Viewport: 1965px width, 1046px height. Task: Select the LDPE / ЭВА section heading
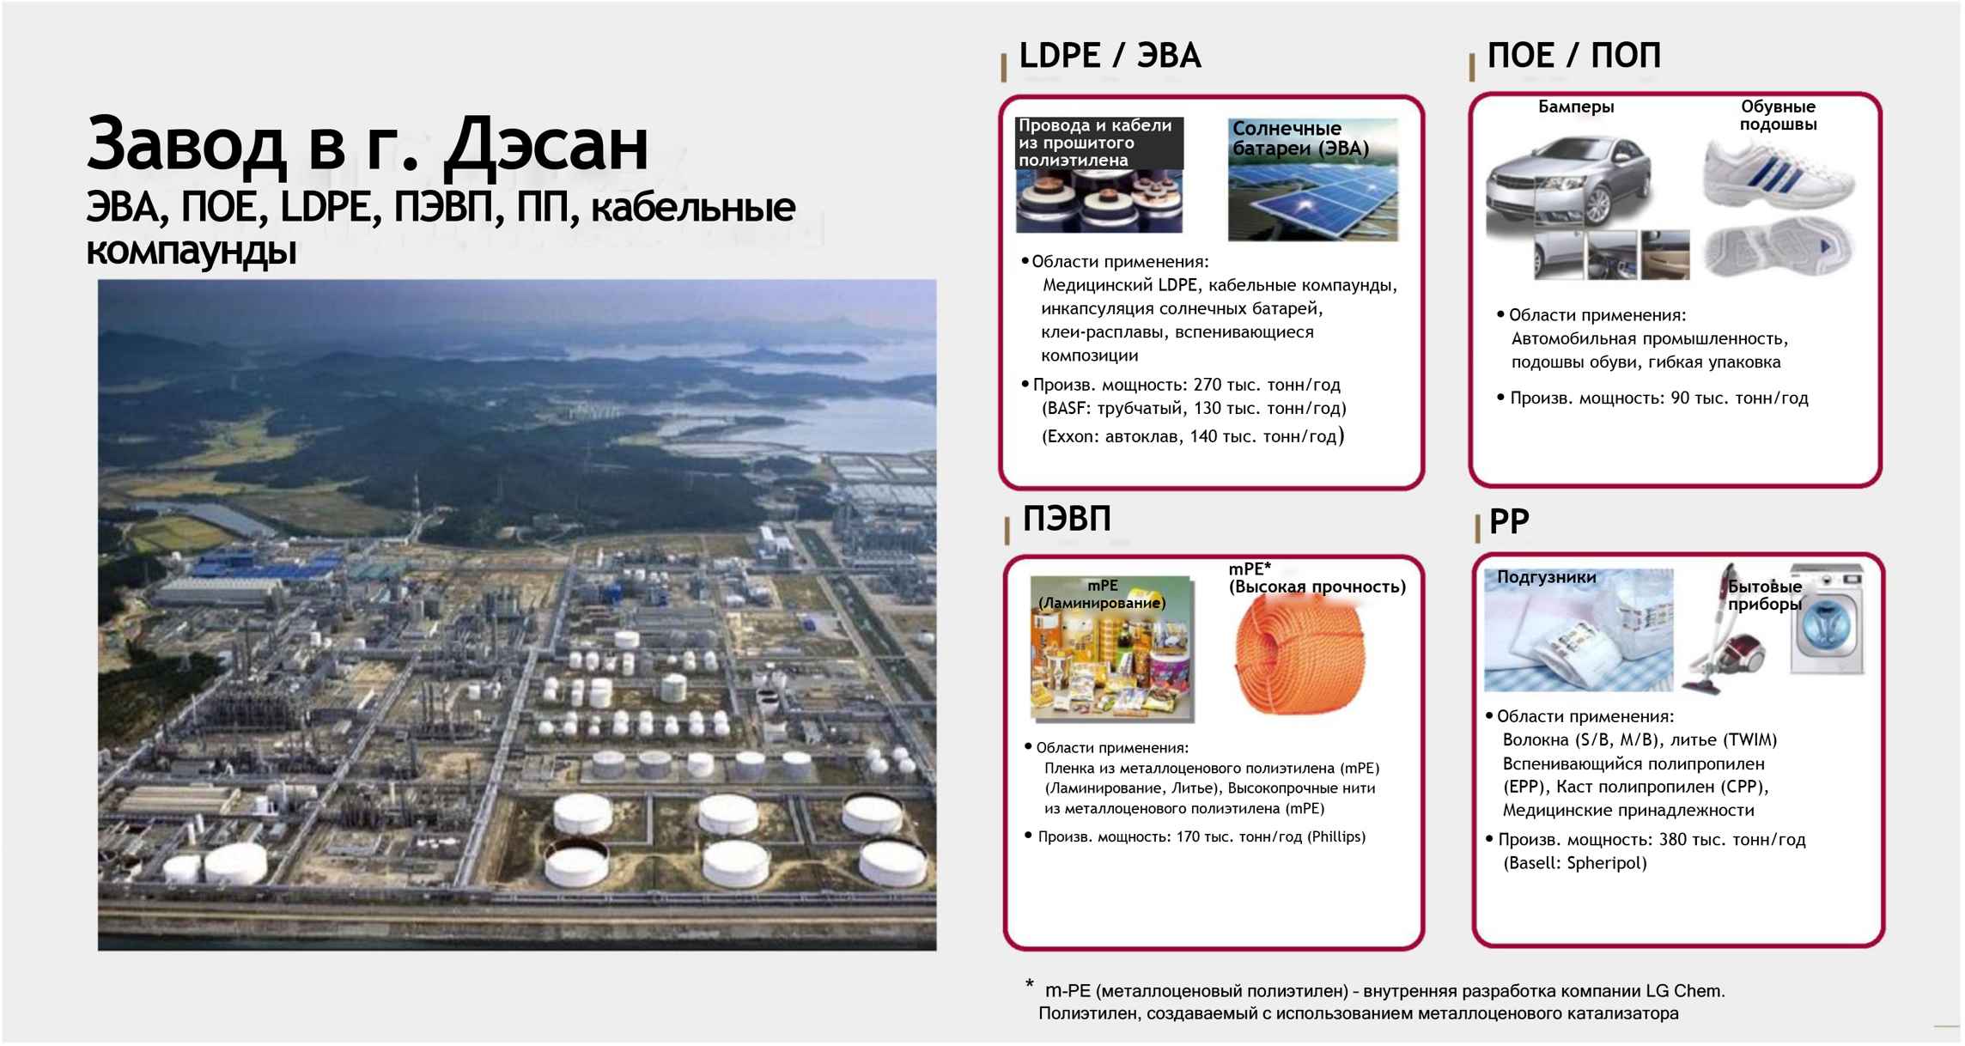(x=1110, y=56)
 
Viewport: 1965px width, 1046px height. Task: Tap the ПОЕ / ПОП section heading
(x=1574, y=56)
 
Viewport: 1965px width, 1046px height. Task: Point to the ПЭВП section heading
(x=1067, y=519)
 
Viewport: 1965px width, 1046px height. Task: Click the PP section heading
(x=1509, y=521)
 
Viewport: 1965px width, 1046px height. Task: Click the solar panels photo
(x=1312, y=179)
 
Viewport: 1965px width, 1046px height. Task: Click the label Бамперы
(x=1576, y=107)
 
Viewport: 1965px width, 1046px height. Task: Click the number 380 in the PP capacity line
(x=1674, y=840)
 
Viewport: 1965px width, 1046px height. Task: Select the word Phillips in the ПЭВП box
(x=1336, y=836)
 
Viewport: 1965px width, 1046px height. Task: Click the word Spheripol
(x=1607, y=864)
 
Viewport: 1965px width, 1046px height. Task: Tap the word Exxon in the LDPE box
(x=1069, y=437)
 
